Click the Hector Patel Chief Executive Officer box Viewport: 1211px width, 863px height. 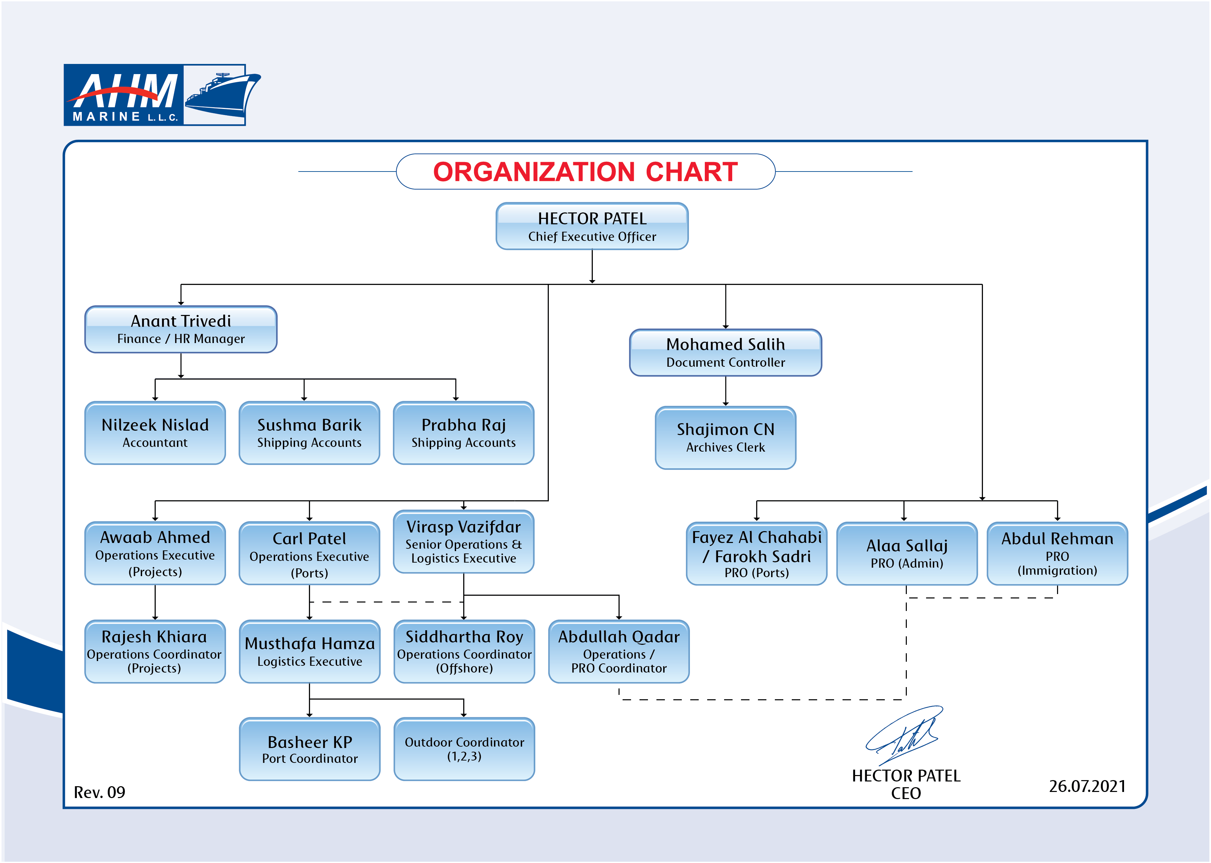coord(591,226)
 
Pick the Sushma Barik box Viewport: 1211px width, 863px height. coord(309,433)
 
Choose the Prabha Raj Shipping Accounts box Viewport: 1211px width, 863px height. coord(463,433)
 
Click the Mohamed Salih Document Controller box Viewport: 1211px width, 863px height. coord(725,353)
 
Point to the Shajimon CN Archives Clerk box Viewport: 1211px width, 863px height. coord(725,438)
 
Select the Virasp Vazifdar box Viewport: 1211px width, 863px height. coord(463,542)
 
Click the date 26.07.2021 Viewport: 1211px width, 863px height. coord(1087,786)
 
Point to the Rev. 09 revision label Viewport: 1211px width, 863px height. coord(99,792)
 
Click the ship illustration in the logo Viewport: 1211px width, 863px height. coord(222,95)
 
